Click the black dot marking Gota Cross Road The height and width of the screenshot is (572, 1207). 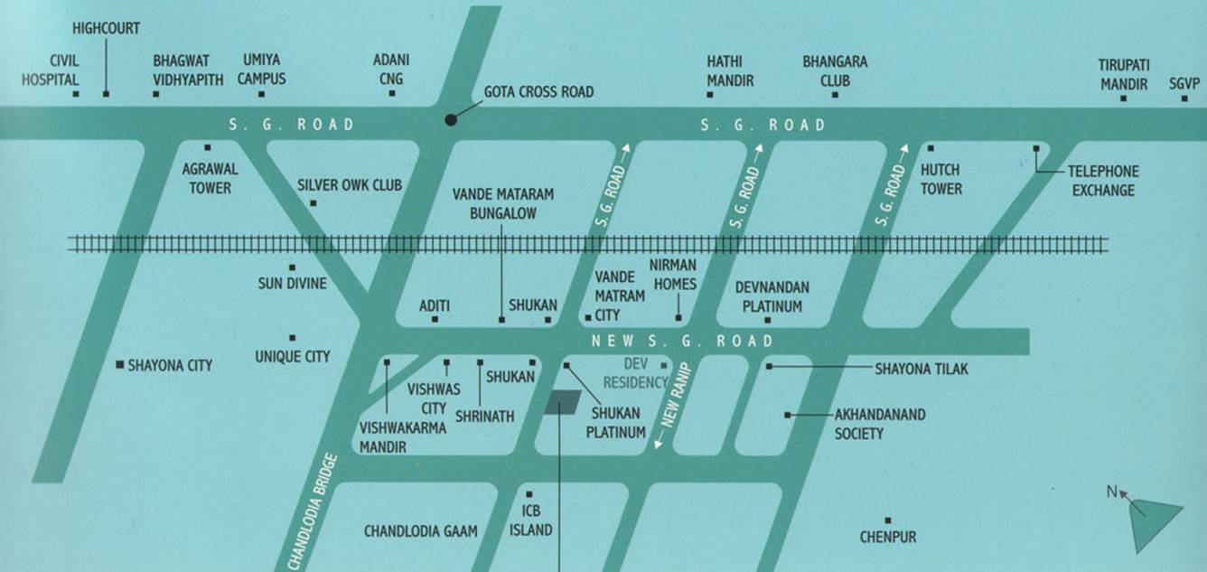(x=450, y=119)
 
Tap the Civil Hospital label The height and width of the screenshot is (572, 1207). (x=51, y=70)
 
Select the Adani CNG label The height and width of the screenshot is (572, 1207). (x=391, y=70)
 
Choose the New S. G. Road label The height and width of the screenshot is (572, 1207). (x=682, y=341)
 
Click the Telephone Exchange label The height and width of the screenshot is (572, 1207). (x=1102, y=181)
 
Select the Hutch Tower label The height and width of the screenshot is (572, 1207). (x=940, y=179)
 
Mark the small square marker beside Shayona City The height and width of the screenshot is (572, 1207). (x=119, y=365)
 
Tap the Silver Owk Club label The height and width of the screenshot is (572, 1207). (x=350, y=185)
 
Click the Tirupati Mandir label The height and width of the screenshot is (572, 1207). (x=1122, y=75)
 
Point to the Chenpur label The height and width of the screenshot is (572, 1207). (x=888, y=537)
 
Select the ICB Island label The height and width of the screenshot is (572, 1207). (x=531, y=521)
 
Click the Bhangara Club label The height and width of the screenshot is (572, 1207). (x=835, y=70)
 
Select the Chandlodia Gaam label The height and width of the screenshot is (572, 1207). (x=420, y=531)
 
